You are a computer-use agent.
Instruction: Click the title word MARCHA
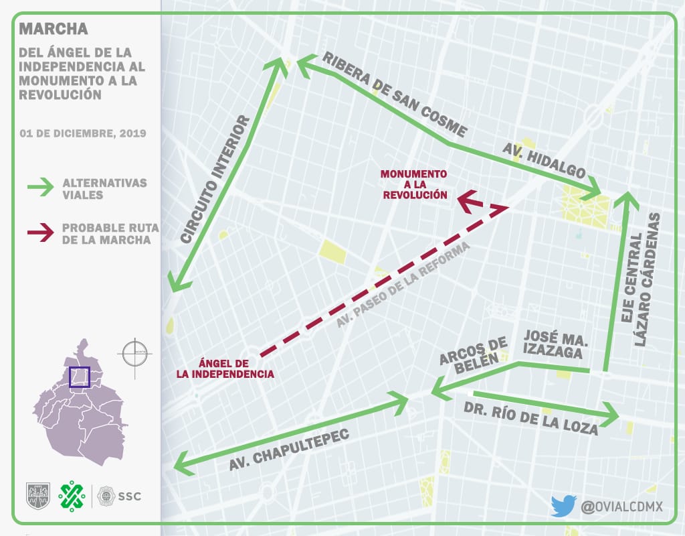pos(54,29)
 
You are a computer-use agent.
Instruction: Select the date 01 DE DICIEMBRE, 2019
pos(83,133)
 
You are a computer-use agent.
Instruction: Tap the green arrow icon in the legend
pos(39,188)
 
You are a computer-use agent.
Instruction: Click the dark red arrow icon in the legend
pos(39,232)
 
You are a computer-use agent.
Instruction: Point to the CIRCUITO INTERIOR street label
pos(216,180)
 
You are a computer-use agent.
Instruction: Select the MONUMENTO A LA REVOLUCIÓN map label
pos(414,184)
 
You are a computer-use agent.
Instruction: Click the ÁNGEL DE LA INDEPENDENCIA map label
pos(225,368)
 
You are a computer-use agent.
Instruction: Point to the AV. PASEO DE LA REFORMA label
pos(403,285)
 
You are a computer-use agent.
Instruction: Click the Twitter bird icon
pos(563,506)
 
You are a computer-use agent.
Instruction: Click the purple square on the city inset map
pos(80,377)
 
